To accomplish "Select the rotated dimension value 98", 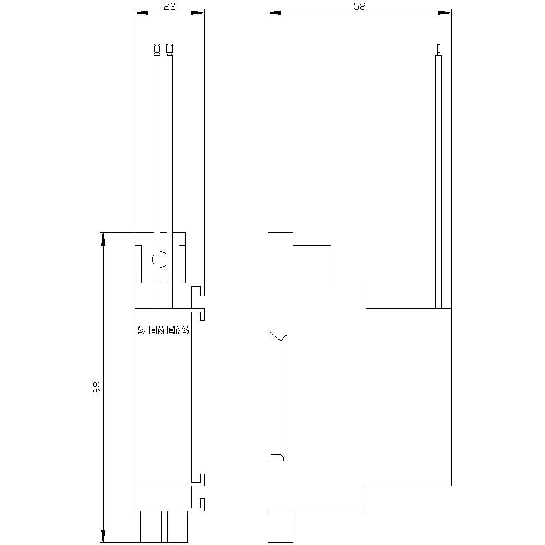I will pyautogui.click(x=96, y=387).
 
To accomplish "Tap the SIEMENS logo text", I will pyautogui.click(x=163, y=330).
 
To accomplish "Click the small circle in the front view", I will pyautogui.click(x=160, y=259).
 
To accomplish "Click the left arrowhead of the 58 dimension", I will pyautogui.click(x=272, y=12).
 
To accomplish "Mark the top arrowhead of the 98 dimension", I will pyautogui.click(x=102, y=238).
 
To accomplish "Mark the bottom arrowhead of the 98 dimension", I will pyautogui.click(x=102, y=538).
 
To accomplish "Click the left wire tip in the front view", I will pyautogui.click(x=158, y=49).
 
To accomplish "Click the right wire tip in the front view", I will pyautogui.click(x=169, y=49).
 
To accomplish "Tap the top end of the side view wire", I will pyautogui.click(x=438, y=48).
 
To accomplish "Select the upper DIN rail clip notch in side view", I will pyautogui.click(x=279, y=337).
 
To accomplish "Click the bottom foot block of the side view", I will pyautogui.click(x=281, y=526).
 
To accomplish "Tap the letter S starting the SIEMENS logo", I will pyautogui.click(x=141, y=330).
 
